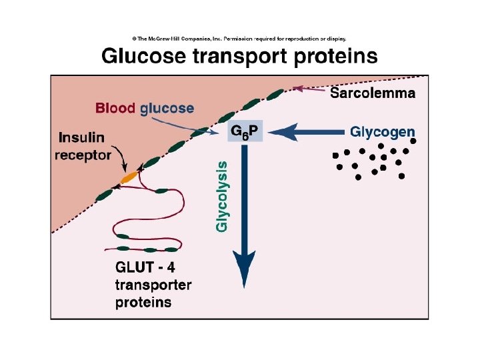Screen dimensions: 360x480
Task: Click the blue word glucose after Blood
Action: [167, 108]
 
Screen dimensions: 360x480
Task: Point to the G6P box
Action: [245, 131]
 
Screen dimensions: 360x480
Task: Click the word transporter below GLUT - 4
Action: [153, 285]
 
